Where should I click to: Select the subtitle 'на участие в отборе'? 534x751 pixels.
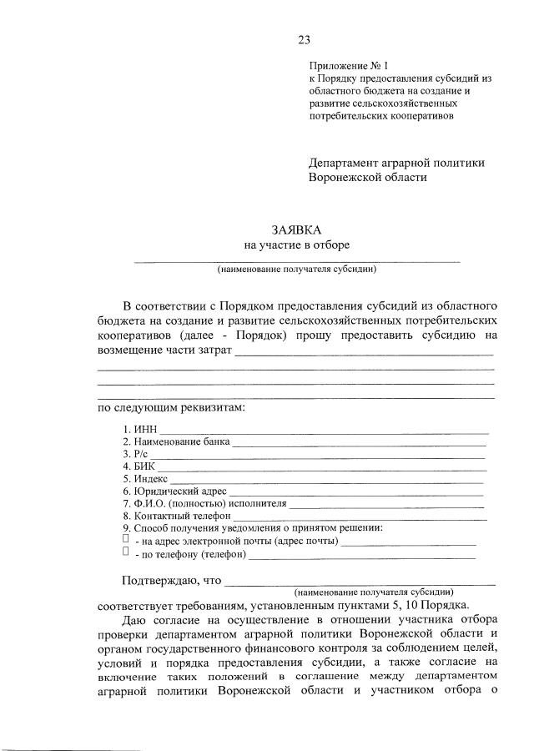(296, 245)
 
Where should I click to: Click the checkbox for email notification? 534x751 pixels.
(125, 540)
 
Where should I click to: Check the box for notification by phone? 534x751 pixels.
(125, 552)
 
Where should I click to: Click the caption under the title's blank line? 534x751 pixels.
(296, 270)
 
